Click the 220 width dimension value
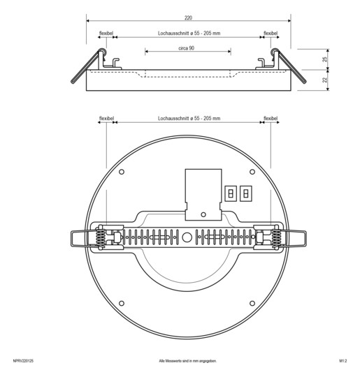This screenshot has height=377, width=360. pyautogui.click(x=188, y=17)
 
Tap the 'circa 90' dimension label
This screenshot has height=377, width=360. pyautogui.click(x=186, y=48)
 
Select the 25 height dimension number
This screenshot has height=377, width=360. pyautogui.click(x=325, y=59)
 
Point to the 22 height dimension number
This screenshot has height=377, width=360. pyautogui.click(x=325, y=80)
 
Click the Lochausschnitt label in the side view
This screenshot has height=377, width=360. pyautogui.click(x=189, y=34)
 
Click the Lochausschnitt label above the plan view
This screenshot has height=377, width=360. pyautogui.click(x=189, y=118)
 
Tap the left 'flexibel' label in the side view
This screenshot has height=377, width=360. pyautogui.click(x=106, y=33)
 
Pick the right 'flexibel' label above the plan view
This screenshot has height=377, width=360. pyautogui.click(x=271, y=118)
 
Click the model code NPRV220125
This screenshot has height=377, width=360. pyautogui.click(x=23, y=361)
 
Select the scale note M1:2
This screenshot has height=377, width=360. pyautogui.click(x=343, y=361)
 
